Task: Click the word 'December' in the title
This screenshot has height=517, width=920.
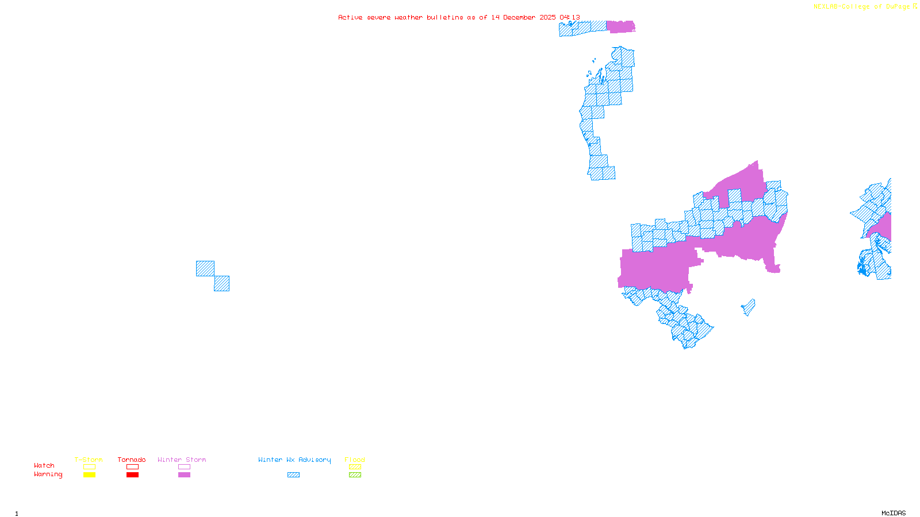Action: coord(521,17)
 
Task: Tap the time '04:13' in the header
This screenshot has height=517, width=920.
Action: coord(569,17)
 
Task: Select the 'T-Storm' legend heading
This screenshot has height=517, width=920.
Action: coord(89,460)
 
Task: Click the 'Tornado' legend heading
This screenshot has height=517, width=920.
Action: coord(132,460)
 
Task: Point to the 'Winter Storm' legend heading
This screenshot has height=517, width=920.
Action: coord(182,460)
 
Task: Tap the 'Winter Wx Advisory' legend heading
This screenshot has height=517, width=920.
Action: coord(294,460)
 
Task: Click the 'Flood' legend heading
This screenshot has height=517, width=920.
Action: coord(355,460)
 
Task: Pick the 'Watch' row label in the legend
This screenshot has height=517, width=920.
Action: coord(44,465)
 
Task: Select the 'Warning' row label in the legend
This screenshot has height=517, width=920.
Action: coord(48,474)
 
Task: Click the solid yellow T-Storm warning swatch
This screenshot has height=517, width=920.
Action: coord(89,475)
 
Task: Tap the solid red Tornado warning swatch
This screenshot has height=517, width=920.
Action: coord(132,475)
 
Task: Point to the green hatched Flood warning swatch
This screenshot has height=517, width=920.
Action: coord(355,475)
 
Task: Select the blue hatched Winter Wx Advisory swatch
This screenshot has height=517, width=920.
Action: coord(293,475)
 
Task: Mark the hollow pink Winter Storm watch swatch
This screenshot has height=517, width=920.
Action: coord(184,467)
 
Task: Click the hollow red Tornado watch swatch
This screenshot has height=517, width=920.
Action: coord(132,467)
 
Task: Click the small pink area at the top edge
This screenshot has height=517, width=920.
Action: coord(620,26)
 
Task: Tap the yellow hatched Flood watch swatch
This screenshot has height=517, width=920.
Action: coord(355,467)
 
